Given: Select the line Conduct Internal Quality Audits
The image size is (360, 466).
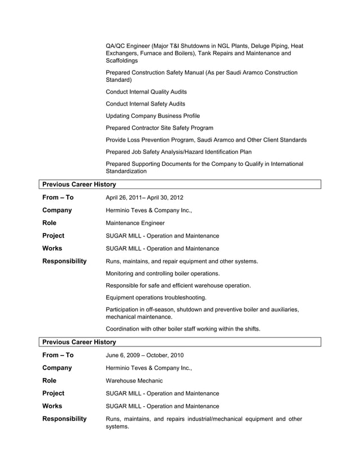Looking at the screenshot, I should click(146, 91).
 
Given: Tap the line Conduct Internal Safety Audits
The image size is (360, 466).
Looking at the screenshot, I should click(145, 104).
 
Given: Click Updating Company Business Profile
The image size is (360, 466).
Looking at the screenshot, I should click(152, 116).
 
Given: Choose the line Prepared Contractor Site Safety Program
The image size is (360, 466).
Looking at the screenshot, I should click(160, 128).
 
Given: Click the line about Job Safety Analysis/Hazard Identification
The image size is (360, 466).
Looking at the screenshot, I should click(179, 152).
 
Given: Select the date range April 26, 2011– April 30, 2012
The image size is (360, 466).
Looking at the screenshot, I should click(144, 197).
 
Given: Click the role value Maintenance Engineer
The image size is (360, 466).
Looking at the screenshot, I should click(135, 223).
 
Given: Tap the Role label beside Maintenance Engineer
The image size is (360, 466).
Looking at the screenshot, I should click(50, 223).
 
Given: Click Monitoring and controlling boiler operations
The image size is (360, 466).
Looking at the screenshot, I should click(163, 274).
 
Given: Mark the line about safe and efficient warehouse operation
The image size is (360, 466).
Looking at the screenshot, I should click(178, 285).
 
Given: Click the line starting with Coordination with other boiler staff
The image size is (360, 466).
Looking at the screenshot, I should click(183, 329).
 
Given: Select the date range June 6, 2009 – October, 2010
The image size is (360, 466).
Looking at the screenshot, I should click(144, 355).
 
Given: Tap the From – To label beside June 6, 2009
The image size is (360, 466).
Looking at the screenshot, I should click(58, 355).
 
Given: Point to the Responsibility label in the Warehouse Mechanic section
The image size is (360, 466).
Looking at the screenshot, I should click(65, 419).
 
